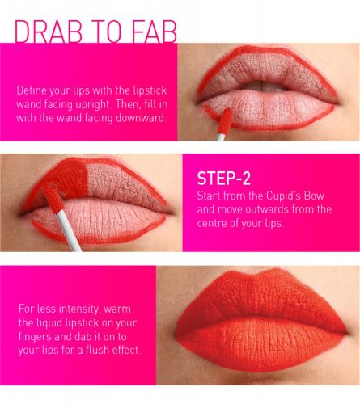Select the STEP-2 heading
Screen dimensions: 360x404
pos(224,179)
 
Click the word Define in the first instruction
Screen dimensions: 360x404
pos(32,90)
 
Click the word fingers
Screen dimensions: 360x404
pos(35,337)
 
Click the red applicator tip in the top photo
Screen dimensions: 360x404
pos(225,120)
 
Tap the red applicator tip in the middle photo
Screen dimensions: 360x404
pos(53,199)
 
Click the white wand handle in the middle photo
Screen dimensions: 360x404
pos(69,231)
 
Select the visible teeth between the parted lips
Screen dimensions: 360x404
pos(263,86)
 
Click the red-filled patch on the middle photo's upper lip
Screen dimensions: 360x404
pos(67,178)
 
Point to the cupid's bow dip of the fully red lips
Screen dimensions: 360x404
pos(259,274)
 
